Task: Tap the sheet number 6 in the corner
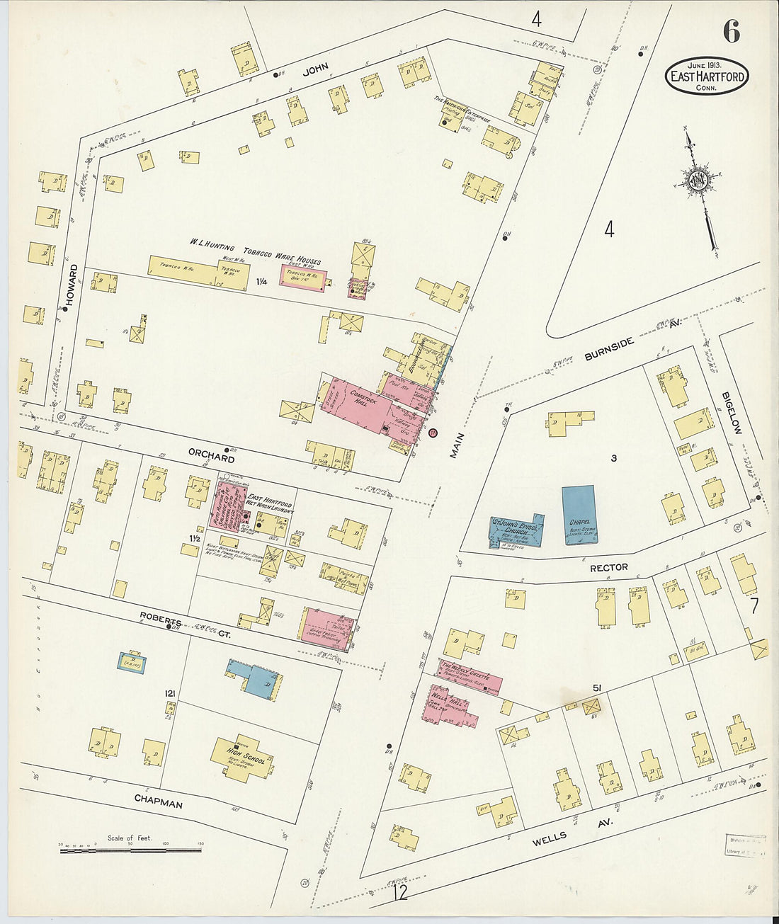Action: (x=731, y=32)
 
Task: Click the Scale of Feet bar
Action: (x=130, y=848)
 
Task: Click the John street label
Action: (x=317, y=71)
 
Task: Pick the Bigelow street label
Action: (x=732, y=413)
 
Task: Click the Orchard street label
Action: (x=211, y=458)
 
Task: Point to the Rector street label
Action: (x=608, y=567)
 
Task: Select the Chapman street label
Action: (x=159, y=802)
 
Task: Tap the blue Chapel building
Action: (x=579, y=515)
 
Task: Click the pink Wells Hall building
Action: (x=450, y=705)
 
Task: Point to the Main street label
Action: (x=457, y=445)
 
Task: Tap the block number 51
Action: (x=597, y=688)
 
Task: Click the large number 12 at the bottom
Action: (x=400, y=892)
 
